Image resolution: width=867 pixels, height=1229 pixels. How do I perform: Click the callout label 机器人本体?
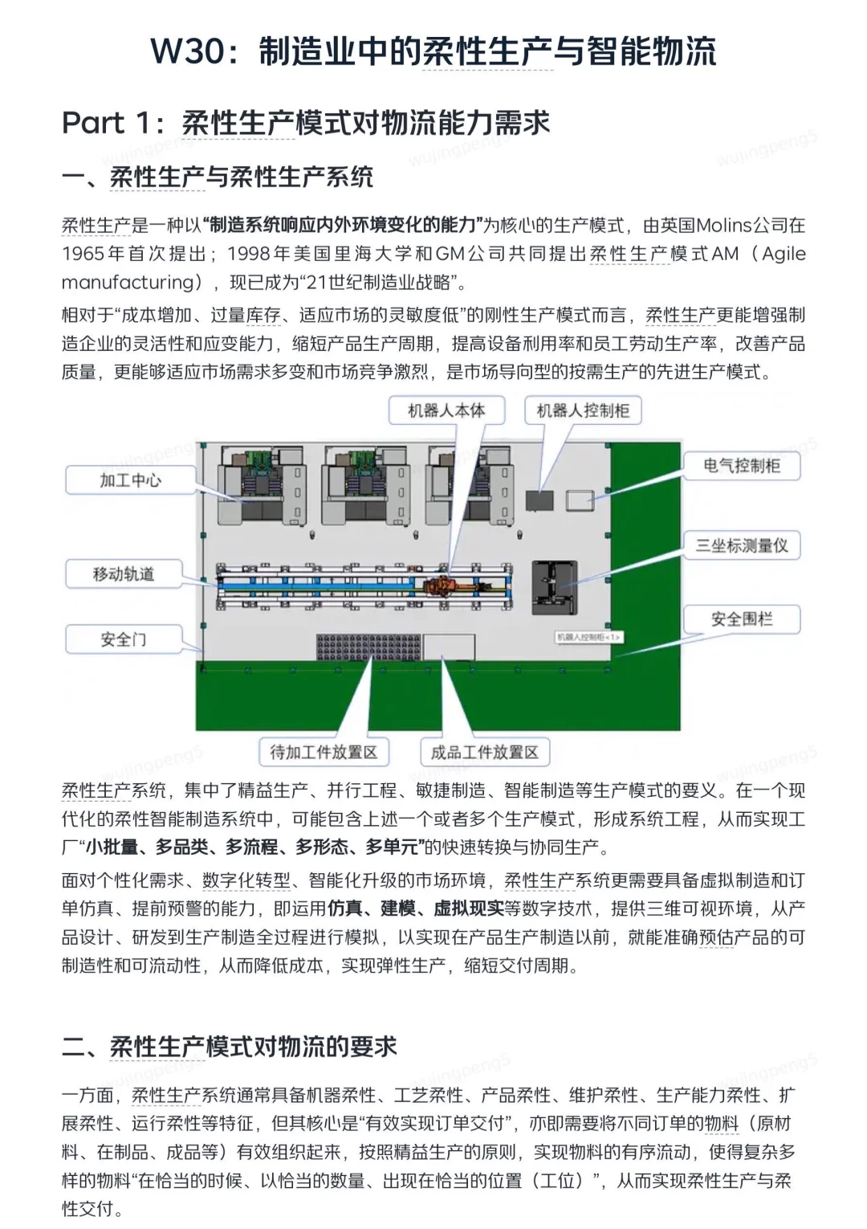point(446,410)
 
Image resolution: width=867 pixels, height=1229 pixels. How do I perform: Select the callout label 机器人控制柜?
point(583,410)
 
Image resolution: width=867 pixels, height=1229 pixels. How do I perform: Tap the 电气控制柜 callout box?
point(741,465)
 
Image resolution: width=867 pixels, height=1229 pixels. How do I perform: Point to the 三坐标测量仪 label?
point(741,545)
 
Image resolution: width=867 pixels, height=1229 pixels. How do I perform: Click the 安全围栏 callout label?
point(741,619)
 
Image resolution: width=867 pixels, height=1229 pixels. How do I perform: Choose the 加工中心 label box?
point(130,480)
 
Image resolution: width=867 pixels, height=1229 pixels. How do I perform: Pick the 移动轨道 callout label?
point(124,574)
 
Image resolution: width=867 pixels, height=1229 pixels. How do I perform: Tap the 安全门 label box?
point(124,639)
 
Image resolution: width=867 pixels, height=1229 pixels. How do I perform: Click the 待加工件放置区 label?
point(324,752)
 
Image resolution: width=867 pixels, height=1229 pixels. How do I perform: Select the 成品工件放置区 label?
point(484,752)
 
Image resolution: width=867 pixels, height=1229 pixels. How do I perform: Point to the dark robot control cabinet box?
point(539,500)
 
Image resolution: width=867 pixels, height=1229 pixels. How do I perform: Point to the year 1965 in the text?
point(83,254)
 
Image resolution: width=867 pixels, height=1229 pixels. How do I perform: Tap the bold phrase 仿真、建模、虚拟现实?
point(415,908)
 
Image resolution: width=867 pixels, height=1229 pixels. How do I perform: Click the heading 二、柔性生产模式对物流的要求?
point(230,1047)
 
